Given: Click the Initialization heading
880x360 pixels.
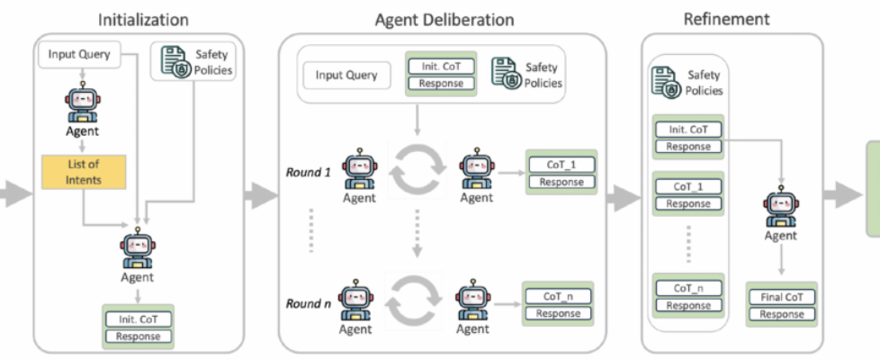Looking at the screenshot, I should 143,19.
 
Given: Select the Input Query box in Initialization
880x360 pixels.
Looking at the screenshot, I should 79,55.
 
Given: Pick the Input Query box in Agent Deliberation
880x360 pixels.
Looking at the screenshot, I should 346,75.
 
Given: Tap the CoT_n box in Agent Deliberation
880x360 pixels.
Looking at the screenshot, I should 558,297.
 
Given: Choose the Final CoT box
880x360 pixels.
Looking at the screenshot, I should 781,298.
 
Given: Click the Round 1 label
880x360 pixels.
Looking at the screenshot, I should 309,171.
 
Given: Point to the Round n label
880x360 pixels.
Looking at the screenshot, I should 309,303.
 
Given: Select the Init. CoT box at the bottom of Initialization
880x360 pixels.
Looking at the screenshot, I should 138,319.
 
